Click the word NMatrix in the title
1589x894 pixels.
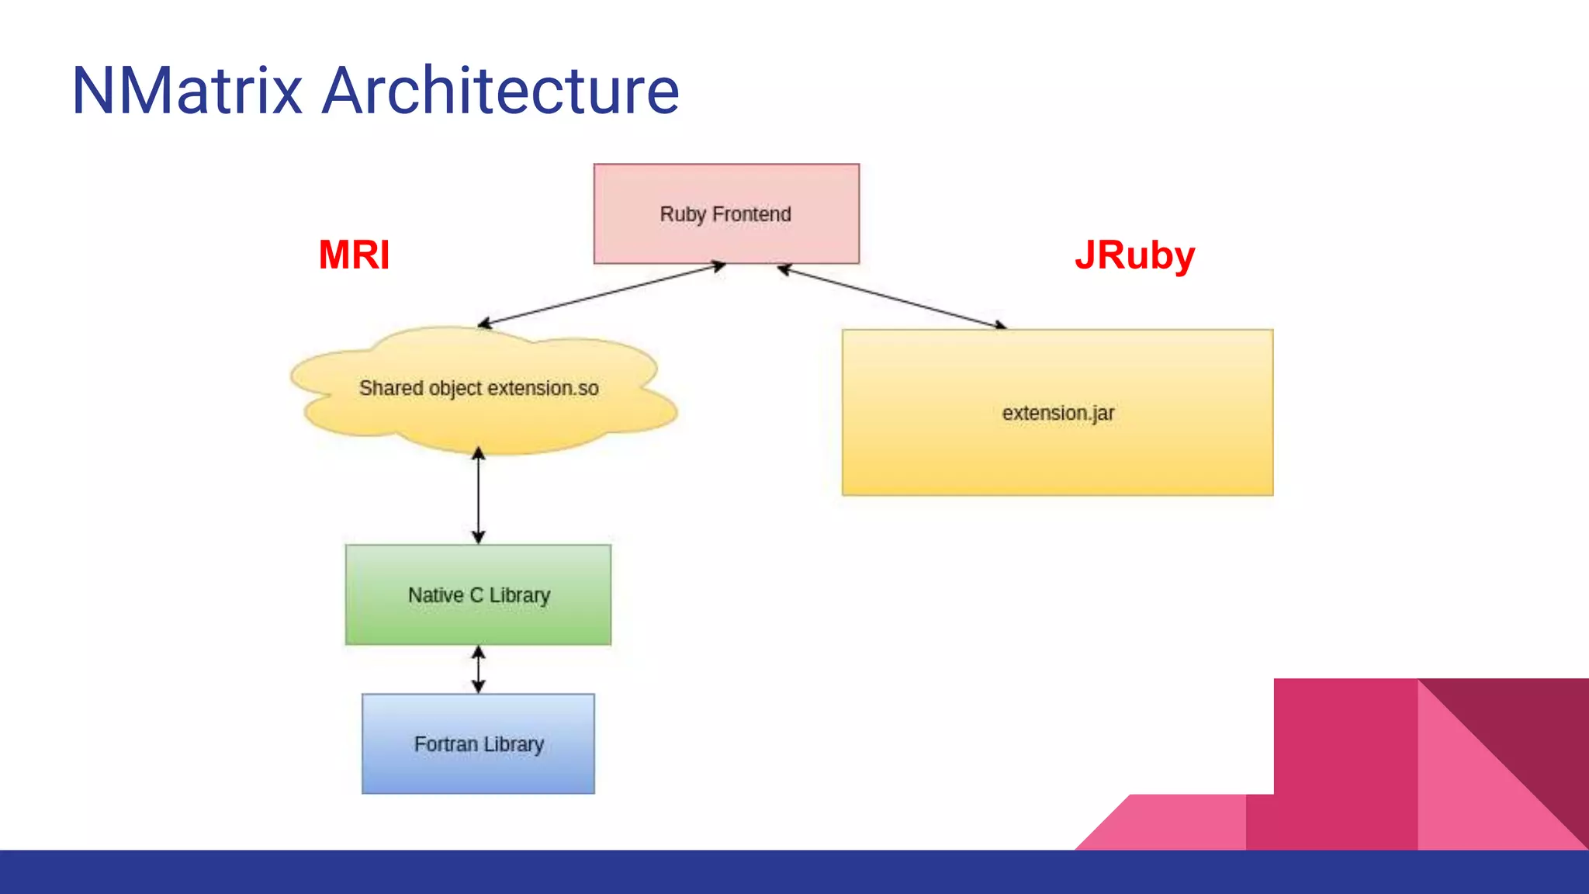coord(186,91)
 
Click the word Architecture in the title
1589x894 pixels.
coord(500,91)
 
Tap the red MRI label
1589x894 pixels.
coord(354,255)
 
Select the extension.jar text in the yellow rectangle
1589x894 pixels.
coord(1058,413)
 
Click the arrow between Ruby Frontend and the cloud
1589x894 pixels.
coord(601,295)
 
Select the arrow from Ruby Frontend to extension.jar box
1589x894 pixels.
coord(892,297)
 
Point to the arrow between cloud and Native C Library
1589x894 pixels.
coord(478,497)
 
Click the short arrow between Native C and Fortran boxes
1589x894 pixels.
coord(478,669)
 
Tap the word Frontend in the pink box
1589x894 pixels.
coord(751,214)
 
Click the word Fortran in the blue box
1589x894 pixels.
coord(445,744)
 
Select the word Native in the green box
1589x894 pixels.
coord(435,595)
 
